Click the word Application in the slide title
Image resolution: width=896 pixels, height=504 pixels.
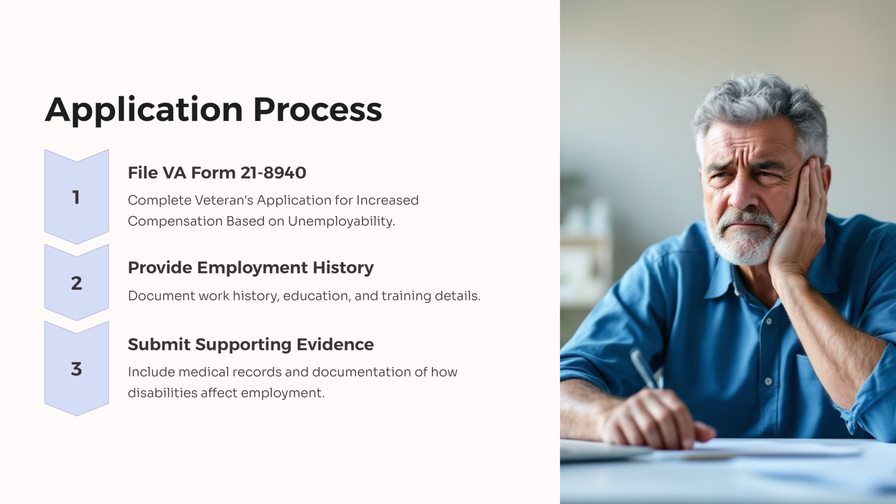(144, 110)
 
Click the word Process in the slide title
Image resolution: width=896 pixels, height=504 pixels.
(318, 109)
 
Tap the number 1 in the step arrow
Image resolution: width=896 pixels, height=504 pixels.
(76, 198)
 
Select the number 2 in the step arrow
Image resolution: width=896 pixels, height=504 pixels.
(77, 283)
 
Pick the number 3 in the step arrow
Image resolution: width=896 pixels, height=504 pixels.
(77, 369)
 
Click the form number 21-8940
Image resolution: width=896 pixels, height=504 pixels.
(273, 173)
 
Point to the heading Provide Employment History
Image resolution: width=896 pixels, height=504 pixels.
(251, 268)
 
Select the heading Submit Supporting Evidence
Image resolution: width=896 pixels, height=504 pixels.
(251, 345)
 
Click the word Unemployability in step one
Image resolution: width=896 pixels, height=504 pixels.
(341, 221)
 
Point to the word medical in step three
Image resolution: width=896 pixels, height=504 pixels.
(203, 372)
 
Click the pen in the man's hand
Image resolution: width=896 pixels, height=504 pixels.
(644, 369)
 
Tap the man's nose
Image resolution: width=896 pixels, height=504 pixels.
(741, 192)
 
